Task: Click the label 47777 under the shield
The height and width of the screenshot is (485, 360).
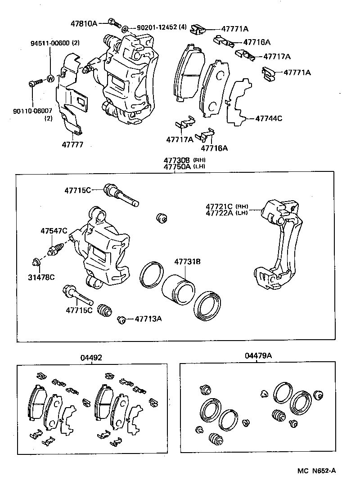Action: tap(73, 145)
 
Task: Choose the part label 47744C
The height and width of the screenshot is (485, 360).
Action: tap(269, 119)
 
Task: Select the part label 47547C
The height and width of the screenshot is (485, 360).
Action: tap(54, 231)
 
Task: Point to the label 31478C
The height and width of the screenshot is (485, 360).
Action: tap(41, 277)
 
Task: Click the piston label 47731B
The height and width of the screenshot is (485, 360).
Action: tap(187, 262)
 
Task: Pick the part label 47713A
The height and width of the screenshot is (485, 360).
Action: tap(148, 319)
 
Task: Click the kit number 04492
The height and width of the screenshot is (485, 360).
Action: tap(91, 358)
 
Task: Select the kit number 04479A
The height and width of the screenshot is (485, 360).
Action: tap(258, 356)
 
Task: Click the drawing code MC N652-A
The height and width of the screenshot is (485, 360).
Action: tap(316, 471)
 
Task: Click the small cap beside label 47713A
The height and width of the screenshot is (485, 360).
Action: tap(121, 319)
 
